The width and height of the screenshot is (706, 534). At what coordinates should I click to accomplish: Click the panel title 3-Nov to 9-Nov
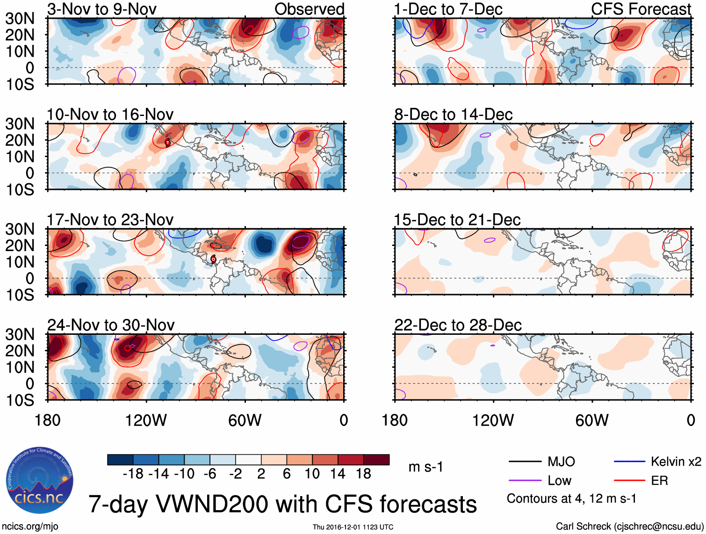pos(102,9)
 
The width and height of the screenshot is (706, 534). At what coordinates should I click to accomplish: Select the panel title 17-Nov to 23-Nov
pos(110,220)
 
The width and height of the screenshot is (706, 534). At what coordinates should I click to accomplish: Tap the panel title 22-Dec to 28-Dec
pos(458,325)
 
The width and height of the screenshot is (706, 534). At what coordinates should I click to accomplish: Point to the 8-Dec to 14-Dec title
pos(454,115)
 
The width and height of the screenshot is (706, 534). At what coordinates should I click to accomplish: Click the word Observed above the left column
pos(309,9)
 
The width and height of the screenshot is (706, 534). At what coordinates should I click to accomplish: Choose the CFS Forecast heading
pos(641,9)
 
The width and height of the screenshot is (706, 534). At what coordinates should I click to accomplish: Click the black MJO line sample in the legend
pos(525,462)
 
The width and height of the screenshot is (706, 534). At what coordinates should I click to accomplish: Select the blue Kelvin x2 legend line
pos(630,462)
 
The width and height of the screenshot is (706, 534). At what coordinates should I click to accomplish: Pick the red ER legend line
pos(630,481)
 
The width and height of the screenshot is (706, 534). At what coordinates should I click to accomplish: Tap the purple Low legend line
pos(525,481)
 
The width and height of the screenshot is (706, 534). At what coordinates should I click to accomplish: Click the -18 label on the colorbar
pos(133,474)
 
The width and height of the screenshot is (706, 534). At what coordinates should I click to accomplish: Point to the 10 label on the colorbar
pos(312,474)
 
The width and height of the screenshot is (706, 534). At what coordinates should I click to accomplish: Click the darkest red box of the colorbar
pos(376,460)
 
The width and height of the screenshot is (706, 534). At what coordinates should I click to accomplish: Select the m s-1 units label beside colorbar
pos(425,467)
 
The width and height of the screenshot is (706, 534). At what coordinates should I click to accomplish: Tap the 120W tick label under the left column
pos(146,420)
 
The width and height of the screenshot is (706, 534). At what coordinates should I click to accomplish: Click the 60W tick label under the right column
pos(592,420)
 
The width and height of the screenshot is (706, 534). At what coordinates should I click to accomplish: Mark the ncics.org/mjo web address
pos(30,527)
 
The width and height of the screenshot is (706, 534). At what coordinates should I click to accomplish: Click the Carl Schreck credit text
pos(629,527)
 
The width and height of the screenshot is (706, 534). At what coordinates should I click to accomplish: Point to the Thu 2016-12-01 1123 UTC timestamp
pos(353,527)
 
